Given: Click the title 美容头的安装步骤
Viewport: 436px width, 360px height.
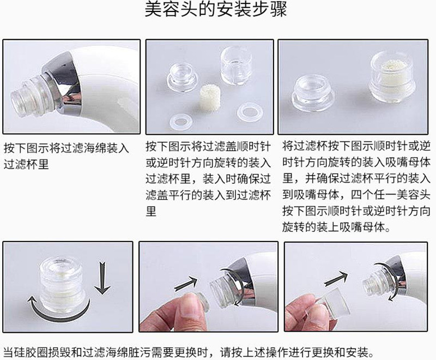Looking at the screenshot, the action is click(x=215, y=10).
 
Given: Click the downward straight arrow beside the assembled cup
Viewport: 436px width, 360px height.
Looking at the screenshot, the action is click(x=102, y=278).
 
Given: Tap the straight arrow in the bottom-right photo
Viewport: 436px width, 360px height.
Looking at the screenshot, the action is click(x=336, y=279).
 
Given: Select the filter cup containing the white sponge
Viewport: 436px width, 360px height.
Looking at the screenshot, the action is click(x=392, y=76).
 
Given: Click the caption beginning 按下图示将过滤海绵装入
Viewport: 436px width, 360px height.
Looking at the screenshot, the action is click(x=66, y=156).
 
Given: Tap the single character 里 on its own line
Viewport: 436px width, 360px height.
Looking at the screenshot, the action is click(x=151, y=211).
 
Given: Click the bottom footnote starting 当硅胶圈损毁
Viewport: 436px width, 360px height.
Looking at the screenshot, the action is click(x=189, y=352).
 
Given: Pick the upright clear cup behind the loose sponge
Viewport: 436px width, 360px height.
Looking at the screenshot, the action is click(x=236, y=66).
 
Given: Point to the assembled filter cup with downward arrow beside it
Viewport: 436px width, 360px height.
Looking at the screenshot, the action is click(x=62, y=283).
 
